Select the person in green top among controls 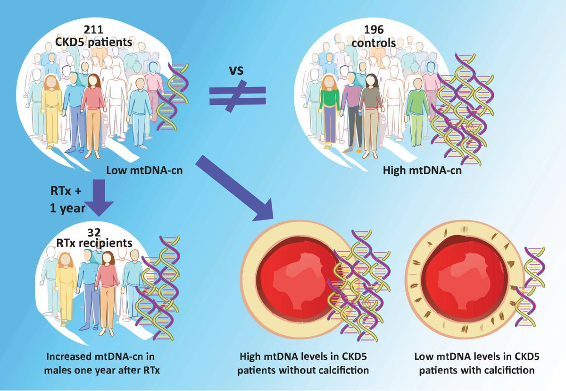click(x=331, y=109)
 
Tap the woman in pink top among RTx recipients click(x=107, y=283)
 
